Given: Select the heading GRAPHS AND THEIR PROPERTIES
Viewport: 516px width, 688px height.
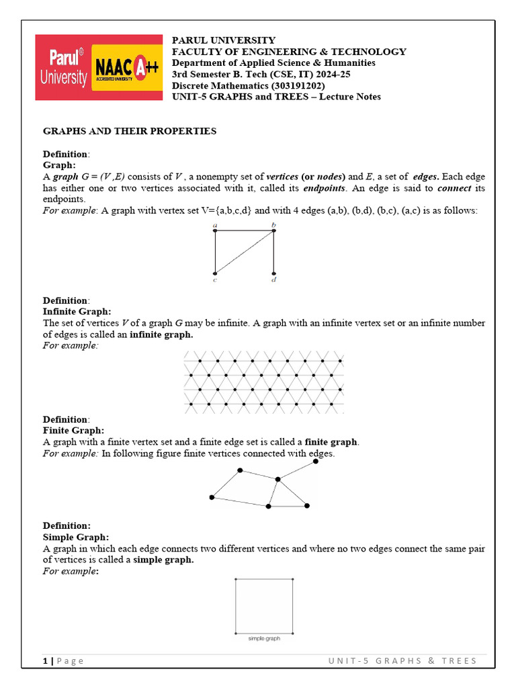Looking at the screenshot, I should (x=130, y=131).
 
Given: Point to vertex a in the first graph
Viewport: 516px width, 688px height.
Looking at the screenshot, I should (x=214, y=231).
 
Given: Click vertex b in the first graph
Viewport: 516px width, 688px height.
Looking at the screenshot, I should (x=273, y=231).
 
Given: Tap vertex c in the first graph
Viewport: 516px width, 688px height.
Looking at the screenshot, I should (x=214, y=273).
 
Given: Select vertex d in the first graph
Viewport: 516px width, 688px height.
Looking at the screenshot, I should (x=273, y=273).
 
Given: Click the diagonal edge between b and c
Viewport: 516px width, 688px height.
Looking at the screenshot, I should (x=244, y=252).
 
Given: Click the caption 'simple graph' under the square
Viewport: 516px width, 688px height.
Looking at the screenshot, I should (x=264, y=638).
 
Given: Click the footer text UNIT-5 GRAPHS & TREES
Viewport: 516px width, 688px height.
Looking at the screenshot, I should (x=402, y=660).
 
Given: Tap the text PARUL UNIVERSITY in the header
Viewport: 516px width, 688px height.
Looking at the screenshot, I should (x=224, y=40).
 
